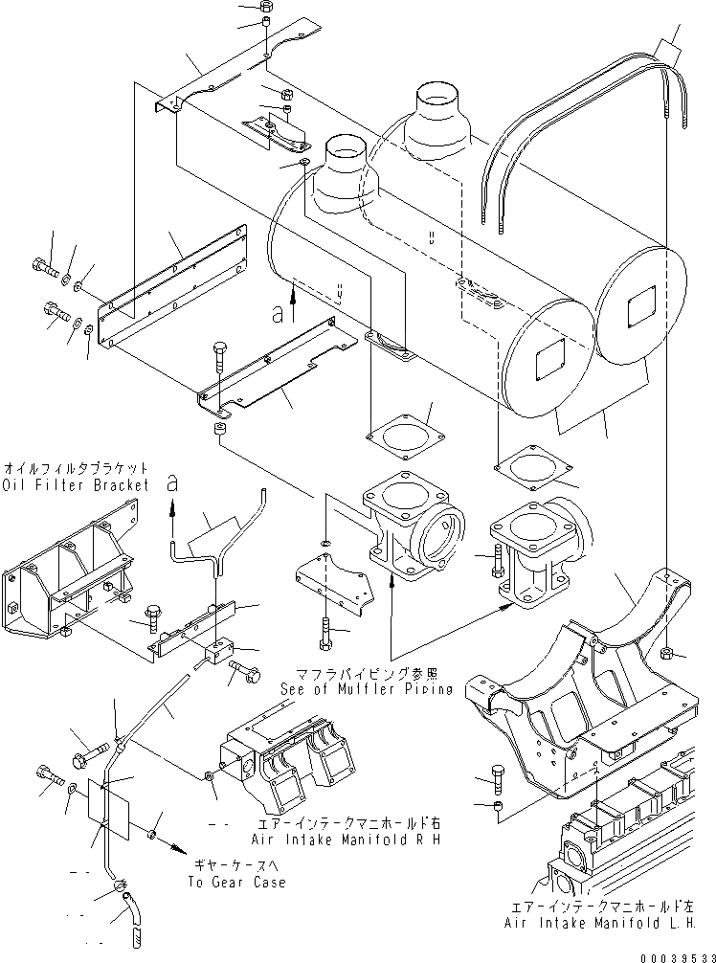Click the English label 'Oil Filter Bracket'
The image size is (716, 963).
[77, 485]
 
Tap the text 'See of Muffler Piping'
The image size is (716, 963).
[366, 689]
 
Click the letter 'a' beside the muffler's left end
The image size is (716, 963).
[279, 312]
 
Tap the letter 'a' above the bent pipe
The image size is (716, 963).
[171, 483]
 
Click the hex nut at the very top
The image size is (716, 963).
[265, 7]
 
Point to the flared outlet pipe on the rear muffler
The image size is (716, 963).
[438, 117]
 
